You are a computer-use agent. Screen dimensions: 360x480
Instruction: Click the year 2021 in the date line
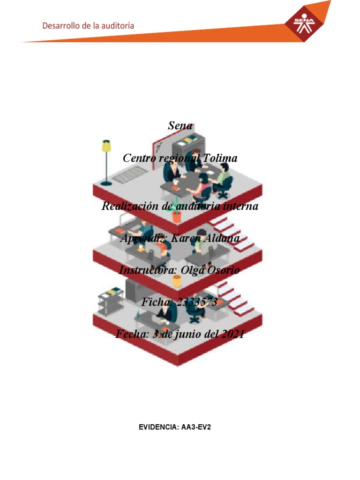229,334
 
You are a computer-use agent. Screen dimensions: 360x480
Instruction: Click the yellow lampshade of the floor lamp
107,146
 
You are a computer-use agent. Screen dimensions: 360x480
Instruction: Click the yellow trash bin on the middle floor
177,281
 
